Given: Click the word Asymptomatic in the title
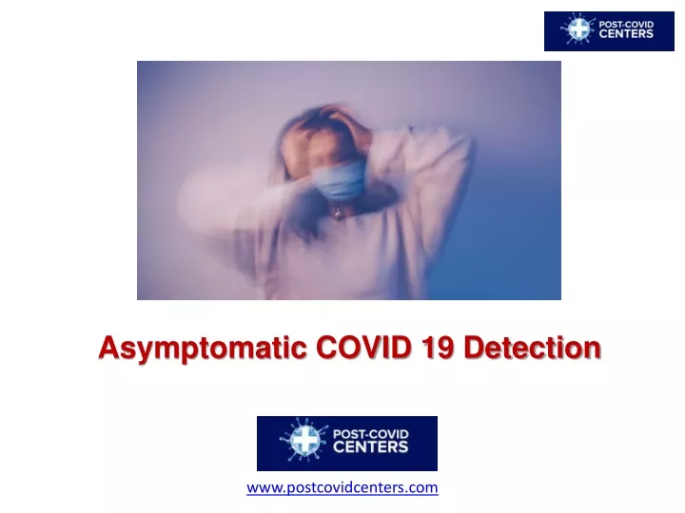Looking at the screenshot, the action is coord(203,349).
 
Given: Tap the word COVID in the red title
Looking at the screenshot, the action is coord(363,348).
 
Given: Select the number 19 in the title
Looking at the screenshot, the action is coord(438,348).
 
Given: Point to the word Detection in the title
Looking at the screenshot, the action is coord(532,348).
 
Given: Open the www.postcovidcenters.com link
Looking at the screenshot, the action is coord(342,487).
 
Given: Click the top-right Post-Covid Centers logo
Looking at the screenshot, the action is coord(609,31).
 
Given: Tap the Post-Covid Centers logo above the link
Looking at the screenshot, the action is coord(347,444).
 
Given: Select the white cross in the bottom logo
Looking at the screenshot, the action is coord(304,440).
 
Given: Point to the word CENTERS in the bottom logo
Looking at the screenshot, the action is coord(370,447).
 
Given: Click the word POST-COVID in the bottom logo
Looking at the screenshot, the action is coord(370,434).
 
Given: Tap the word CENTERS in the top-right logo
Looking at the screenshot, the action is coord(626,34).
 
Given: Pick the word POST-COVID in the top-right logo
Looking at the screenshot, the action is coord(626,25).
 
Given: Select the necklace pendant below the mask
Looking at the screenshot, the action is coord(338,213).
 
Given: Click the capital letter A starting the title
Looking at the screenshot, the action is coord(109,348).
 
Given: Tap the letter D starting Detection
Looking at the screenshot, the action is coord(474,348).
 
